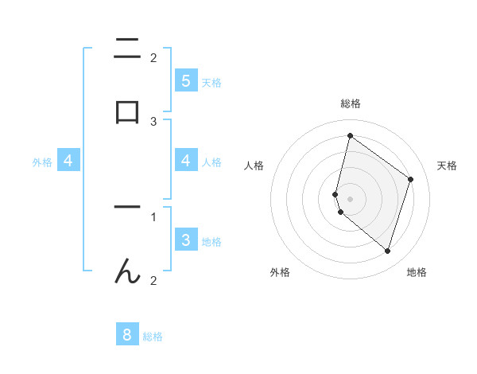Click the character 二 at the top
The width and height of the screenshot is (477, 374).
click(x=127, y=49)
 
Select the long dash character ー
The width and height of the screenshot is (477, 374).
click(x=127, y=208)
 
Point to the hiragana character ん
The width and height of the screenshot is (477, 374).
click(x=127, y=271)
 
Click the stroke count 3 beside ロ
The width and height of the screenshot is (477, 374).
click(x=153, y=121)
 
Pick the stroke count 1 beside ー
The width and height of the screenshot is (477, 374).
click(x=153, y=216)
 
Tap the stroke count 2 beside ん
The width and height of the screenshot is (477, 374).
click(x=153, y=280)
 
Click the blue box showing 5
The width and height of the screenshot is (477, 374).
click(x=185, y=80)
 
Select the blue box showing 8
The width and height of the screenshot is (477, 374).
click(x=127, y=335)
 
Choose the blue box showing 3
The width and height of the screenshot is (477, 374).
click(x=185, y=240)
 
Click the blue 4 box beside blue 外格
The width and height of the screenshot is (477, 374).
click(x=68, y=161)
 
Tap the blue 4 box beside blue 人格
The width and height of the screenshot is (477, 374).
click(x=185, y=161)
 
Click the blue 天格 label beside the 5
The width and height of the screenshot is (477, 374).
click(x=211, y=82)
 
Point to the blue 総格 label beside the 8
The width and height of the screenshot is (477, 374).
click(x=153, y=337)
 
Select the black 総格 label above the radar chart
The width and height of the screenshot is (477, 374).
click(x=350, y=103)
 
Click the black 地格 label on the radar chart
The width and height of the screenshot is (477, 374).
click(x=417, y=272)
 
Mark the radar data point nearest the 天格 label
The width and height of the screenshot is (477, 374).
click(x=410, y=179)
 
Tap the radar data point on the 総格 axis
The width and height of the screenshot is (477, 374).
click(x=350, y=135)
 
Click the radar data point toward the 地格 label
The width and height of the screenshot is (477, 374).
click(x=387, y=251)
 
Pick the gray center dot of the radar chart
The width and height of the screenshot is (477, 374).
click(x=350, y=198)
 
